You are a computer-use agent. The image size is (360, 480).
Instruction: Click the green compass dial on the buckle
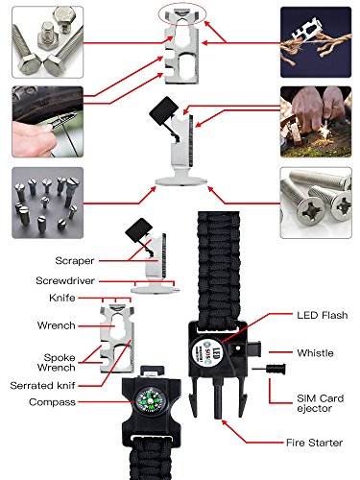[x=149, y=399]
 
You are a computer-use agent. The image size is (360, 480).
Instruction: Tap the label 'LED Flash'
[x=323, y=315]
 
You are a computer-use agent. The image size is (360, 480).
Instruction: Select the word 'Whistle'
[x=315, y=353]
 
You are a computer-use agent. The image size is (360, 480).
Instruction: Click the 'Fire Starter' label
[x=314, y=443]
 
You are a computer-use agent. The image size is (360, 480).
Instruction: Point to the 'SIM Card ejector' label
[x=321, y=403]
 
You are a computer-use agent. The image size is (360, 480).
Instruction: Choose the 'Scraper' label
[x=75, y=261]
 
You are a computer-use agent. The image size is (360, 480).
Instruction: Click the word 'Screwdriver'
[x=65, y=281]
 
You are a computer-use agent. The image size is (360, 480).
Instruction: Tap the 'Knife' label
[x=62, y=298]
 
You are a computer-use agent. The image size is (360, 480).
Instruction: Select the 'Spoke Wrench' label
[x=57, y=362]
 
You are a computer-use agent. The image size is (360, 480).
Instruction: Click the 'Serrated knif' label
[x=42, y=386]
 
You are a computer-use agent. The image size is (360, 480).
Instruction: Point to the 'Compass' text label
[x=52, y=402]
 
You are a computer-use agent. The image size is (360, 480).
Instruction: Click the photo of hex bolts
[x=48, y=42]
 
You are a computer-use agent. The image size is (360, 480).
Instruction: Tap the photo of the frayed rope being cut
[x=316, y=42]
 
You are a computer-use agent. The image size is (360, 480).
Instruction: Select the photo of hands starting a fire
[x=316, y=122]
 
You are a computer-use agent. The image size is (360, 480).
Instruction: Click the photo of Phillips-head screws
[x=316, y=203]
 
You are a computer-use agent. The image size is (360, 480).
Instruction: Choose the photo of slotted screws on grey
[x=48, y=203]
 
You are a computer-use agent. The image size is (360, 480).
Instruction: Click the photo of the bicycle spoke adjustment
[x=48, y=122]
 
